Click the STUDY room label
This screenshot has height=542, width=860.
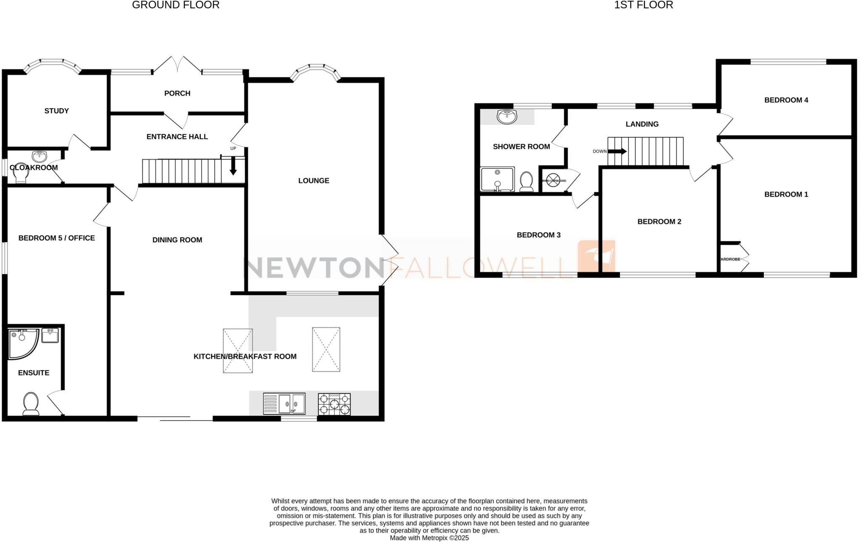pyautogui.click(x=57, y=111)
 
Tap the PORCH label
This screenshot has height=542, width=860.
pyautogui.click(x=177, y=93)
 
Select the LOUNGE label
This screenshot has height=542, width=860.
pyautogui.click(x=314, y=181)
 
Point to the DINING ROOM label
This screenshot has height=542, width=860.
pyautogui.click(x=177, y=240)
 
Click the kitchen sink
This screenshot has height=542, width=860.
pyautogui.click(x=284, y=403)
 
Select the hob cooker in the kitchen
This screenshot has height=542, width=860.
pyautogui.click(x=334, y=403)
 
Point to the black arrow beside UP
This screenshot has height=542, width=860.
pyautogui.click(x=233, y=167)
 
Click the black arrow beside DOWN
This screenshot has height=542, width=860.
pyautogui.click(x=617, y=151)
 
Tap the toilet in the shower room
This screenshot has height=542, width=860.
pyautogui.click(x=526, y=181)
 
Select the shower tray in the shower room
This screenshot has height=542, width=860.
pyautogui.click(x=497, y=179)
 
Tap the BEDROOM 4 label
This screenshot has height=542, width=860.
pyautogui.click(x=786, y=100)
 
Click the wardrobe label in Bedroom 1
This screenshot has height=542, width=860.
pyautogui.click(x=730, y=259)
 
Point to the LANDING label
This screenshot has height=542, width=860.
pyautogui.click(x=642, y=124)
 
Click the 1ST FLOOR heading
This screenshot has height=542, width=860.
pyautogui.click(x=643, y=5)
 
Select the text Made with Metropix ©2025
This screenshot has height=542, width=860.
pyautogui.click(x=429, y=538)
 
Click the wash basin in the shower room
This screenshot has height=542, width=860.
pyautogui.click(x=508, y=117)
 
